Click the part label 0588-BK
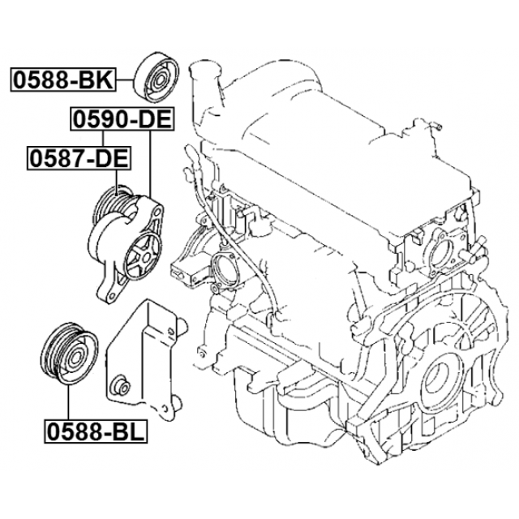pos(63,79)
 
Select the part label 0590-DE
pos(122,119)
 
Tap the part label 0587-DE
pos(79,158)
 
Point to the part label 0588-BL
pos(96,431)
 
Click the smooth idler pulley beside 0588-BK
pos(157,78)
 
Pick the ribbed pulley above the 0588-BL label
pos(69,354)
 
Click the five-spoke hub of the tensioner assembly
pos(144,255)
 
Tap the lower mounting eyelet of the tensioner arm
pos(108,294)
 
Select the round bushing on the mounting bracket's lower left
pos(120,386)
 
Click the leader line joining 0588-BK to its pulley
pos(125,79)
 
